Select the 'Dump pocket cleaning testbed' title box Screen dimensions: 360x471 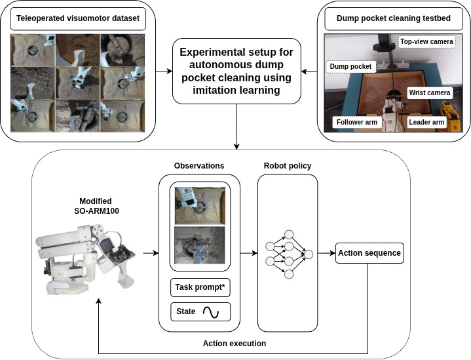pyautogui.click(x=393, y=19)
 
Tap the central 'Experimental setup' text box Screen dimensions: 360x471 pyautogui.click(x=236, y=71)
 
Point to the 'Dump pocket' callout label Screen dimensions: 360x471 pyautogui.click(x=350, y=66)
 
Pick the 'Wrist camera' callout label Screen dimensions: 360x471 pyautogui.click(x=430, y=93)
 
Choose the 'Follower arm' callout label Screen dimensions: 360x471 pyautogui.click(x=358, y=122)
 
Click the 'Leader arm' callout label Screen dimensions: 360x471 pyautogui.click(x=426, y=122)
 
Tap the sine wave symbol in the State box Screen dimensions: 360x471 pyautogui.click(x=211, y=312)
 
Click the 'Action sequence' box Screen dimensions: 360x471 pyautogui.click(x=369, y=252)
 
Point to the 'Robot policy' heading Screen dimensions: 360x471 pyautogui.click(x=287, y=167)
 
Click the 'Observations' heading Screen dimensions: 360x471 pyautogui.click(x=199, y=167)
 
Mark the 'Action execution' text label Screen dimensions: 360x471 pyautogui.click(x=235, y=343)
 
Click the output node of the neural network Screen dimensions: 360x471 pyautogui.click(x=309, y=253)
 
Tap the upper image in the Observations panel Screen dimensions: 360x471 pyautogui.click(x=199, y=205)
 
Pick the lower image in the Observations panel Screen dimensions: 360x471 pyautogui.click(x=199, y=245)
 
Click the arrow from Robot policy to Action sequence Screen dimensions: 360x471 pyautogui.click(x=326, y=253)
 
